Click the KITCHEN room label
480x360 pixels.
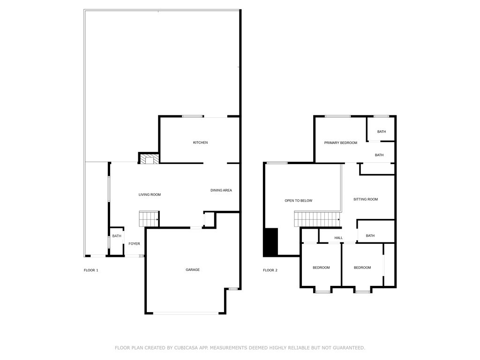pyautogui.click(x=200, y=142)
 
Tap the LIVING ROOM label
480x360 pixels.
pyautogui.click(x=150, y=195)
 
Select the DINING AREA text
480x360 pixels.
pyautogui.click(x=221, y=190)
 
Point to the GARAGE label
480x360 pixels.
pyautogui.click(x=193, y=270)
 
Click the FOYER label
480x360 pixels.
pyautogui.click(x=134, y=244)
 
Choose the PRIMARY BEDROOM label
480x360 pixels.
pyautogui.click(x=340, y=142)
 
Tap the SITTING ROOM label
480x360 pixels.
pyautogui.click(x=365, y=199)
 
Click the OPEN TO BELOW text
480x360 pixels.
pyautogui.click(x=298, y=201)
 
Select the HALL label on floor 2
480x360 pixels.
pyautogui.click(x=338, y=238)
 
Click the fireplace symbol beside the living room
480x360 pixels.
pyautogui.click(x=149, y=159)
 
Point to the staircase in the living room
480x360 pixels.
pyautogui.click(x=149, y=219)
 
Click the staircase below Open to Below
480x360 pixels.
pyautogui.click(x=316, y=219)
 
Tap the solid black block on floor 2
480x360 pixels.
pyautogui.click(x=270, y=242)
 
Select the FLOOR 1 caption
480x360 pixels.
pyautogui.click(x=91, y=270)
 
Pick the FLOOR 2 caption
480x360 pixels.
pyautogui.click(x=270, y=270)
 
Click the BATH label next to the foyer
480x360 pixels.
pyautogui.click(x=116, y=236)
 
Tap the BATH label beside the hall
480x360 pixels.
pyautogui.click(x=370, y=236)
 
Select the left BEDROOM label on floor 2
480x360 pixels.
pyautogui.click(x=321, y=268)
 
